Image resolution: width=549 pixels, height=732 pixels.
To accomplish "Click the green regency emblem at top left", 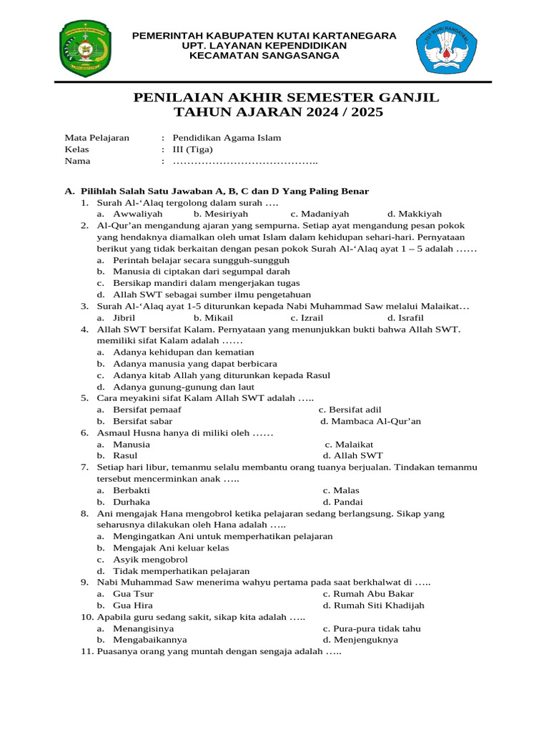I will click(86, 49).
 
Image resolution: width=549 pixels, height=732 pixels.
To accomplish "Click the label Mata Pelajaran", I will click(97, 138).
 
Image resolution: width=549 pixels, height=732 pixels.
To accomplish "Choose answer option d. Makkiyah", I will click(415, 214).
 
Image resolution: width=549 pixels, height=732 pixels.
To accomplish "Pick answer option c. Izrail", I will click(307, 317).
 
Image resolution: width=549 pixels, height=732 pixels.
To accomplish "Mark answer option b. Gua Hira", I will click(125, 605).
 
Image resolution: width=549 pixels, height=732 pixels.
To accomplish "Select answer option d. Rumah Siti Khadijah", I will click(373, 605).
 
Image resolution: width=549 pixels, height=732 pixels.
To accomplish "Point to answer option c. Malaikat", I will click(348, 444).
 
